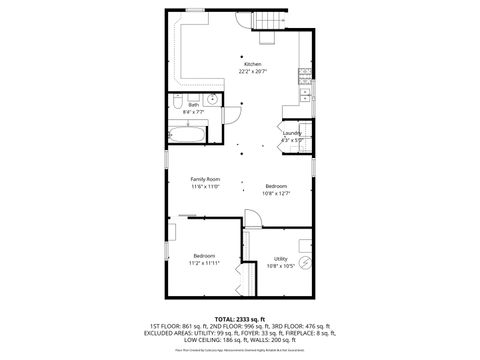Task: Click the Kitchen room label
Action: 253,64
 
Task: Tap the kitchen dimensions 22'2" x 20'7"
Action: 253,71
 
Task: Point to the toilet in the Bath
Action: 175,103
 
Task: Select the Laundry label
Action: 292,133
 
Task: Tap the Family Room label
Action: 205,179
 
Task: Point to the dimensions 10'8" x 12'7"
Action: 276,193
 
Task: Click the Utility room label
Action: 281,258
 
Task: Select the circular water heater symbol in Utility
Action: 307,265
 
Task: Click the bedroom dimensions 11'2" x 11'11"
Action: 204,263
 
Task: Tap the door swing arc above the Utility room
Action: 252,221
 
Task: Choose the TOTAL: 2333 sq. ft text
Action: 239,317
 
